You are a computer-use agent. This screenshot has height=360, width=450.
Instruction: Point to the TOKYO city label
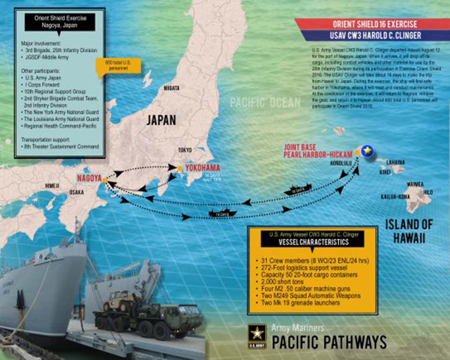pos(185,150)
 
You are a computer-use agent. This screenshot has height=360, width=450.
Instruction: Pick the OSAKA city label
pos(76,192)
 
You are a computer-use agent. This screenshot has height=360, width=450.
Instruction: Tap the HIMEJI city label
pos(52,186)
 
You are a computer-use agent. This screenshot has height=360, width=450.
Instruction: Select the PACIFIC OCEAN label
pos(265,104)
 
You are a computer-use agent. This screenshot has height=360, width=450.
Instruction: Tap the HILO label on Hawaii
pos(428,192)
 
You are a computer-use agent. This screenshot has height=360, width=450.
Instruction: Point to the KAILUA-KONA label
pos(395,196)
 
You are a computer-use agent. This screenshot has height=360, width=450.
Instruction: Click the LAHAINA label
pos(396,162)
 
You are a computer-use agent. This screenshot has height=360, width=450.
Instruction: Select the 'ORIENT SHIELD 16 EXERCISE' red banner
pos(375,24)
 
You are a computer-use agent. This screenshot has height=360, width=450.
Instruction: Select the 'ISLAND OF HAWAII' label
pos(409,231)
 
